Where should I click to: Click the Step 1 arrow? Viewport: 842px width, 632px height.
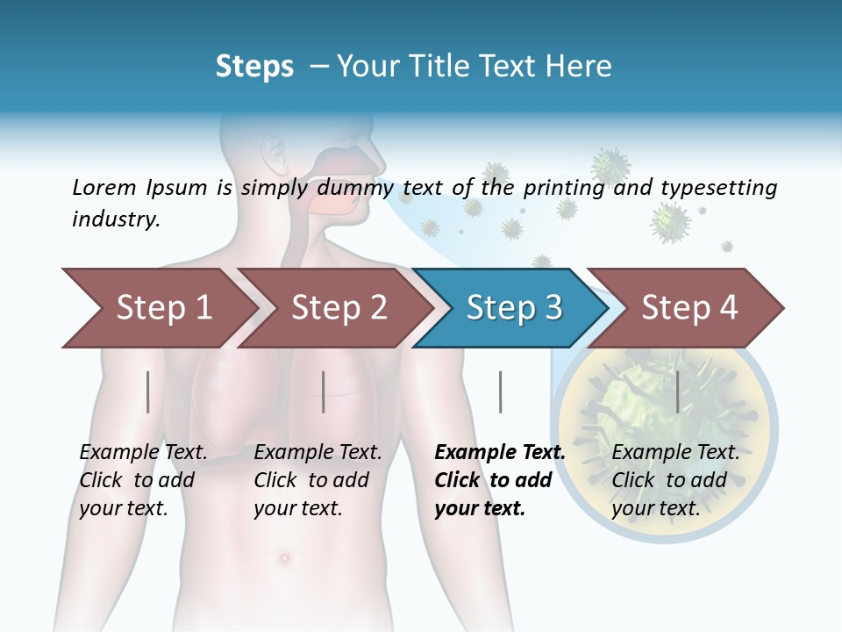pyautogui.click(x=158, y=308)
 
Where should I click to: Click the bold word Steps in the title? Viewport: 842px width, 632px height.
pyautogui.click(x=254, y=67)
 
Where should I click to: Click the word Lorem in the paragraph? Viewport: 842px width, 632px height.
pyautogui.click(x=103, y=187)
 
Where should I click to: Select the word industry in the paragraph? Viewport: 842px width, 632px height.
pyautogui.click(x=115, y=219)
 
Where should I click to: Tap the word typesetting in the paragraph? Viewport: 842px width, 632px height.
pyautogui.click(x=718, y=187)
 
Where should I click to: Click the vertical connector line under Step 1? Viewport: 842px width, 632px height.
pyautogui.click(x=148, y=391)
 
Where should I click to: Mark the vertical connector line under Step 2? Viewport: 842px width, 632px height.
pyautogui.click(x=324, y=391)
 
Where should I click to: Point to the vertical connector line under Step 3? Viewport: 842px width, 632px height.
pyautogui.click(x=500, y=391)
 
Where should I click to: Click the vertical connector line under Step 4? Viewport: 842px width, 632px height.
pyautogui.click(x=677, y=391)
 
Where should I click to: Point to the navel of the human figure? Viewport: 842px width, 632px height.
pyautogui.click(x=282, y=557)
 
